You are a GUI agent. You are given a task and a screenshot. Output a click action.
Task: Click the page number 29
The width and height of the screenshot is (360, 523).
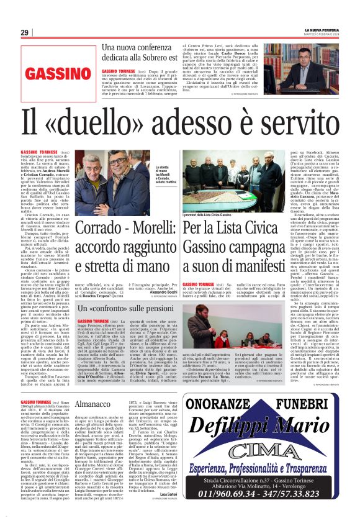click(24, 32)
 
